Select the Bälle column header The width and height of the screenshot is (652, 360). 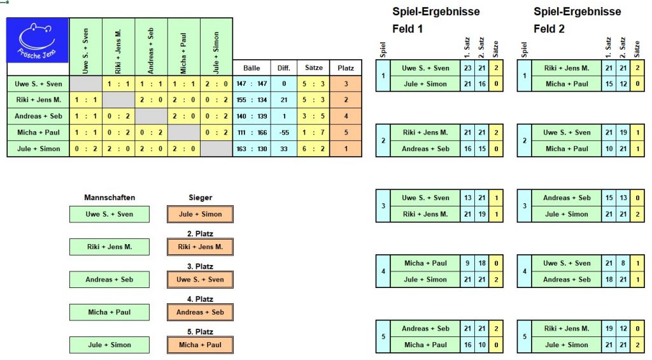(252, 68)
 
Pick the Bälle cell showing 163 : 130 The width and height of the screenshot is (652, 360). (252, 148)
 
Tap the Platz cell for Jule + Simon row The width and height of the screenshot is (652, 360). (346, 148)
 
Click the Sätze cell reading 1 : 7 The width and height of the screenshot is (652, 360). (314, 133)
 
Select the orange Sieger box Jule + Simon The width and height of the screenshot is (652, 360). (201, 214)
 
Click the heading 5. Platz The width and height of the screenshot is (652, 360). (201, 331)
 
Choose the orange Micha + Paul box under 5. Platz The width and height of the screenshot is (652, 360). (201, 345)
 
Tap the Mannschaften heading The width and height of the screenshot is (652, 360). (110, 198)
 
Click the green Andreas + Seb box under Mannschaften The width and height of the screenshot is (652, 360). (110, 279)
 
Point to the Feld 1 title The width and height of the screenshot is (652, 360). (407, 29)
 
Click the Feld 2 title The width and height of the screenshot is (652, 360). (549, 29)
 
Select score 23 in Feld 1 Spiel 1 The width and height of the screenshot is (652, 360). (467, 68)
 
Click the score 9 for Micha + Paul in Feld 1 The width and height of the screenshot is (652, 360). (467, 263)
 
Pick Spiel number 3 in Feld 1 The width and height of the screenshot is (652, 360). (383, 206)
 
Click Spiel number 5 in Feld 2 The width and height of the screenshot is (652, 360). (524, 336)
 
